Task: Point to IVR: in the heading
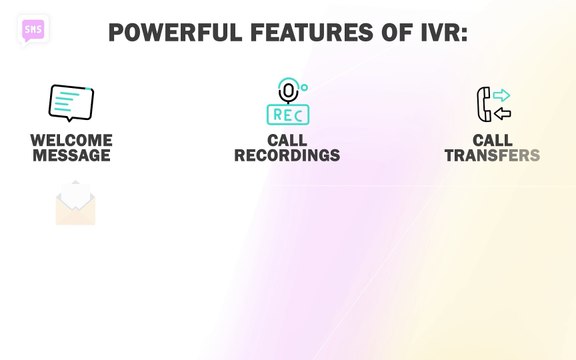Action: click(x=435, y=32)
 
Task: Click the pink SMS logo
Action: click(x=33, y=29)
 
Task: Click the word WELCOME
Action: click(x=71, y=140)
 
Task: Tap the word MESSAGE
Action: click(x=71, y=156)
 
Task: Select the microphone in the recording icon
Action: click(x=288, y=91)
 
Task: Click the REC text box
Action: click(x=288, y=114)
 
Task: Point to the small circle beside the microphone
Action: click(x=304, y=88)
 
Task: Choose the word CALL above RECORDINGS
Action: click(x=287, y=140)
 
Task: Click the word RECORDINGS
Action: click(x=287, y=156)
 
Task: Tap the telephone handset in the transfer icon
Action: click(x=484, y=103)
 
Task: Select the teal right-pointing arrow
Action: click(x=501, y=95)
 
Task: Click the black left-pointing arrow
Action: click(x=502, y=113)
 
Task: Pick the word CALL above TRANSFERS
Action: click(x=492, y=140)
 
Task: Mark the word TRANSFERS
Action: click(x=492, y=156)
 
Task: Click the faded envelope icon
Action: click(x=75, y=203)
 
